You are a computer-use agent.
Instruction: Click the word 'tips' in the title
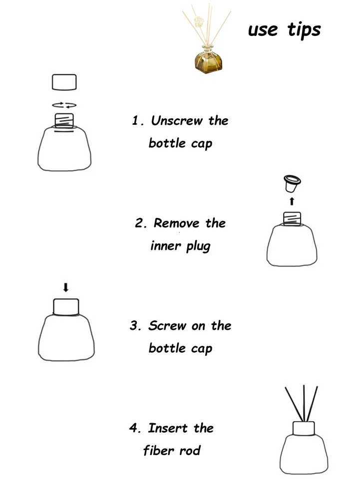304,30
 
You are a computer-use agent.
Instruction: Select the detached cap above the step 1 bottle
64,82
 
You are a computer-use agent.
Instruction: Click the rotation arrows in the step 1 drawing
64,105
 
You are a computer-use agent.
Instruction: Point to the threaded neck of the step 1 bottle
63,120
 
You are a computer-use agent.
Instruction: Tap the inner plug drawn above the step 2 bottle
291,184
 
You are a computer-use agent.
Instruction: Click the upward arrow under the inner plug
292,201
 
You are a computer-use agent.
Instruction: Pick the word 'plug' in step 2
198,246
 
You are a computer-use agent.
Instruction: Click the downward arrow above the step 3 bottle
65,287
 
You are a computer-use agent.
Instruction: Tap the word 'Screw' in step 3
167,326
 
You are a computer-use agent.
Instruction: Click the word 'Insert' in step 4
168,428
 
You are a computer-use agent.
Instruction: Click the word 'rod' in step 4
190,451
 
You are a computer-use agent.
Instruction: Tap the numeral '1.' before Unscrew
138,121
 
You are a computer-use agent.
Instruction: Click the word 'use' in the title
263,30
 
